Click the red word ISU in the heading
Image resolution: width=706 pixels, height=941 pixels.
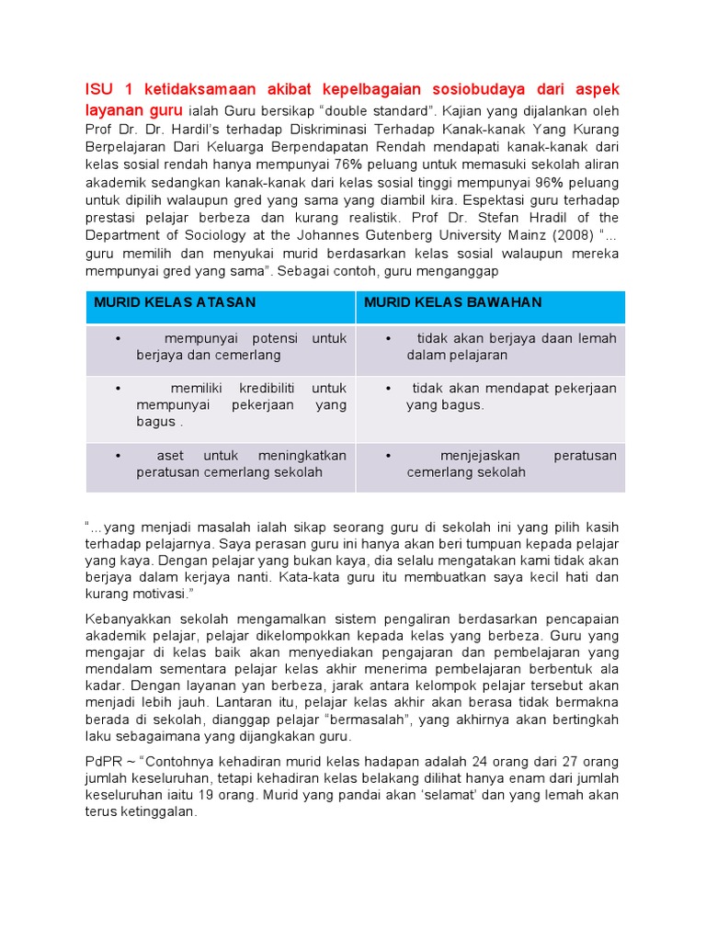pos(99,89)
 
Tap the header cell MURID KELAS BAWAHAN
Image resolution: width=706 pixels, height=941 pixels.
pos(452,302)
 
